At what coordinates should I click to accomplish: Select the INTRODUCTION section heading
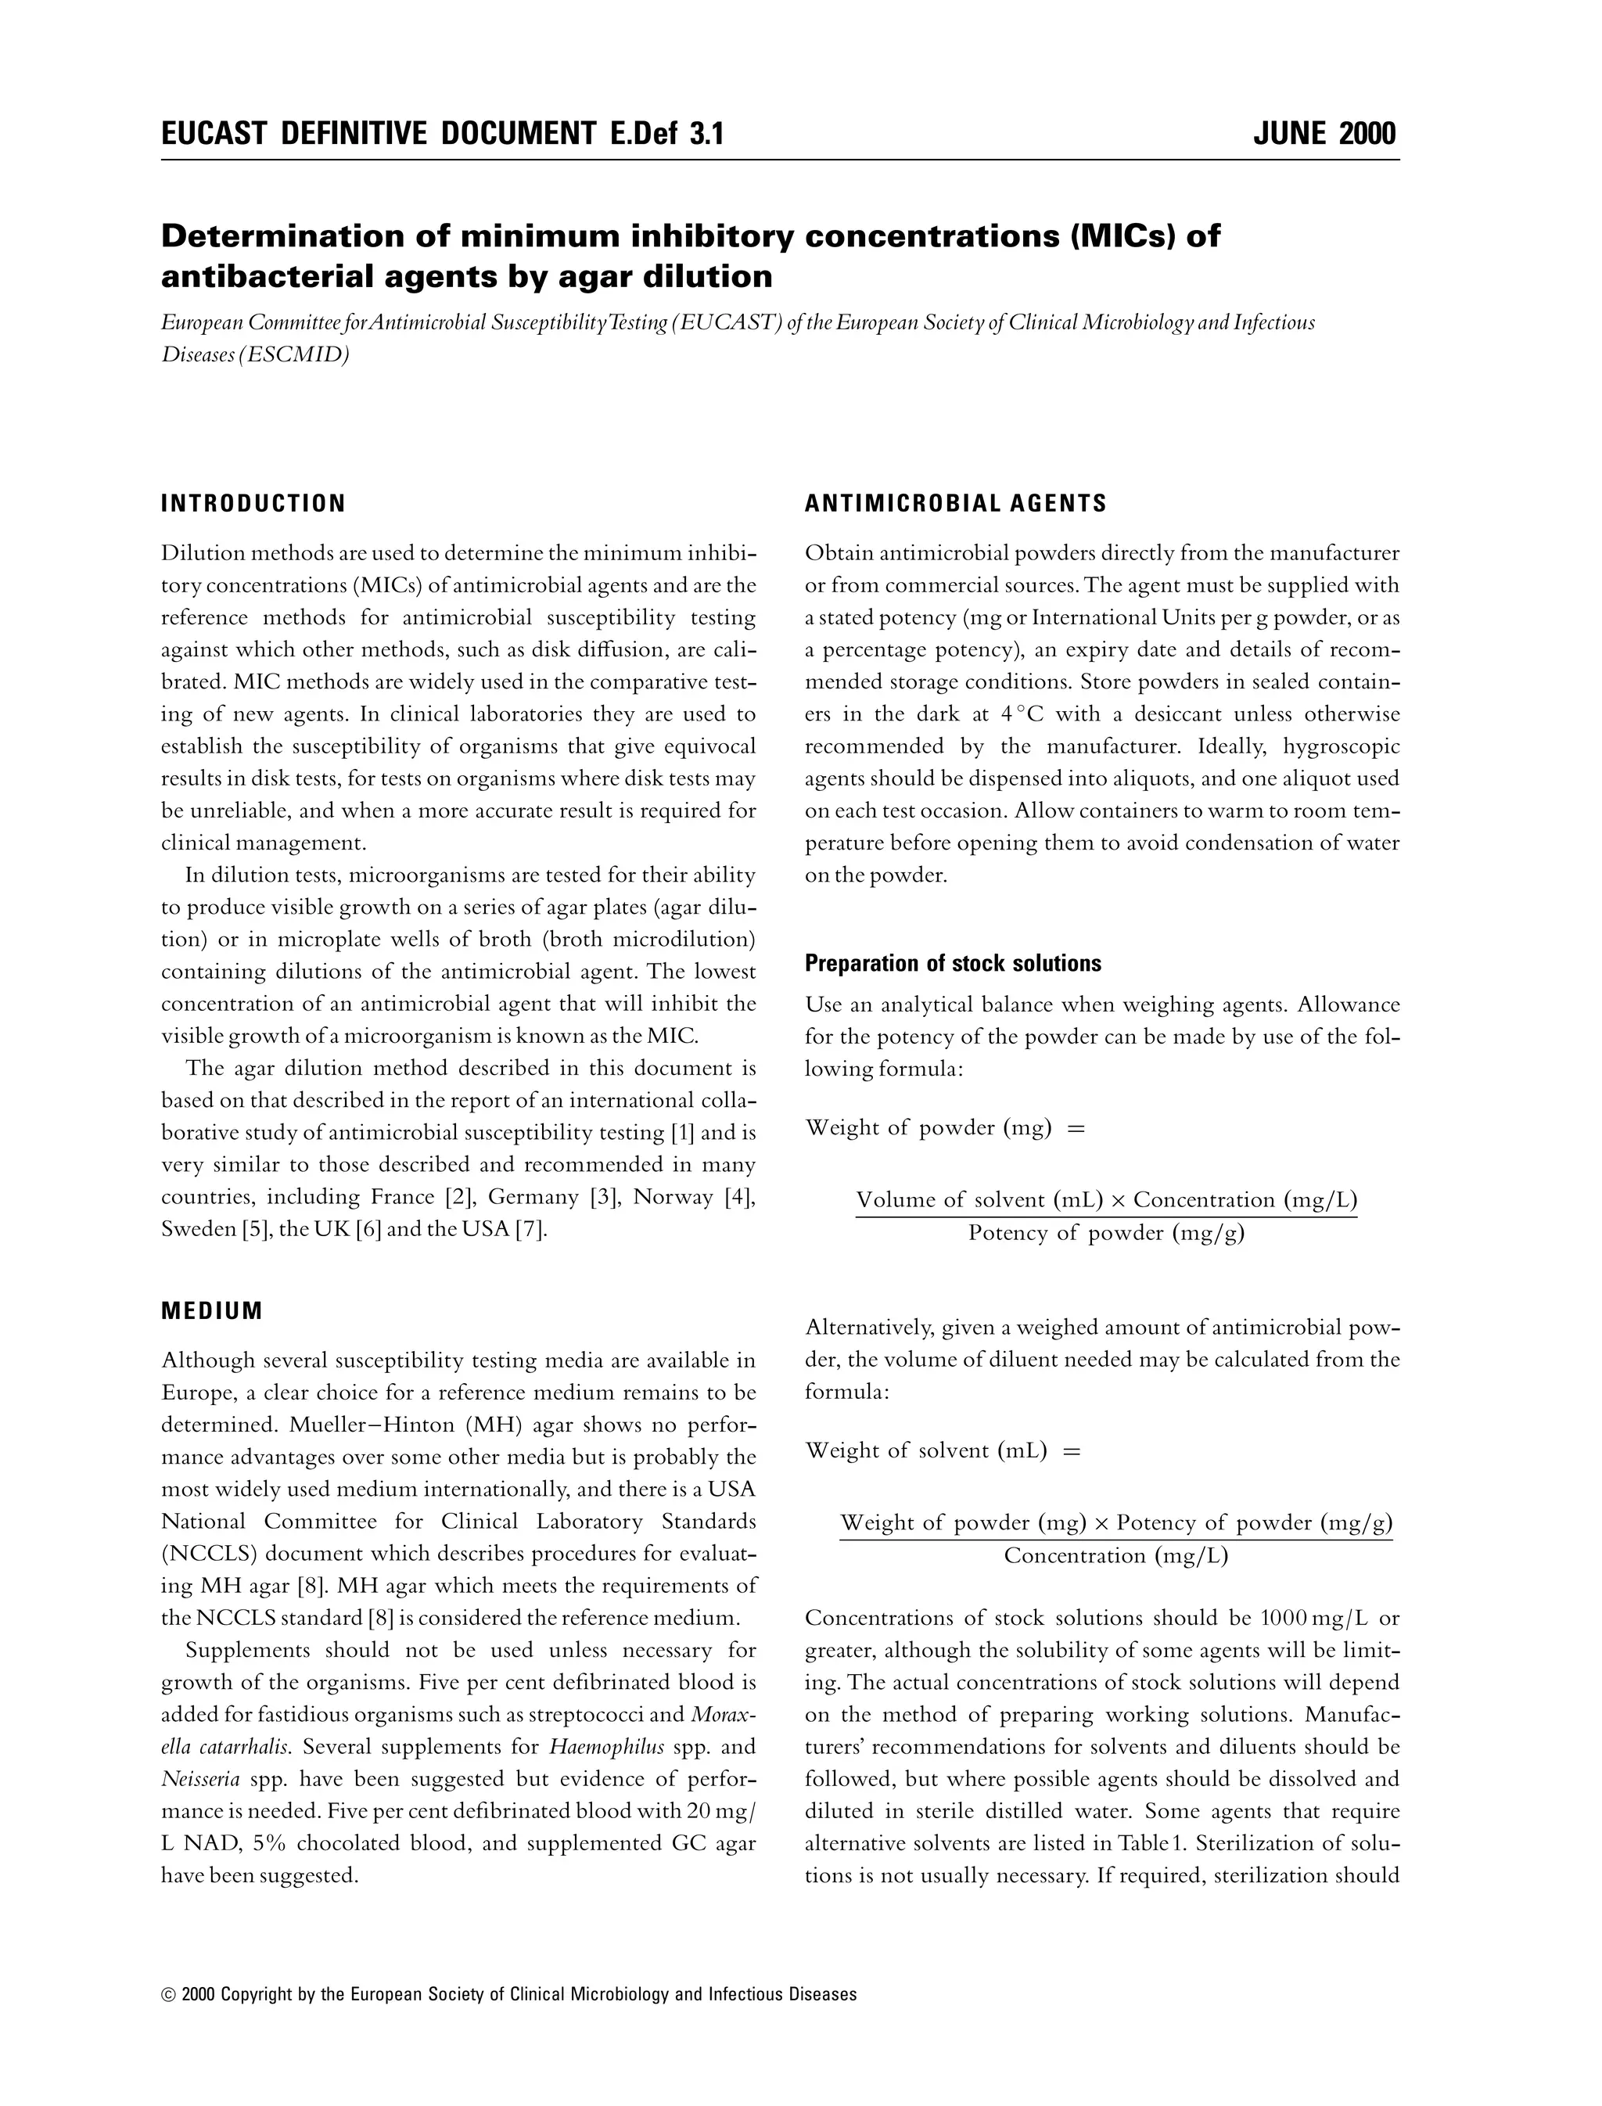click(253, 504)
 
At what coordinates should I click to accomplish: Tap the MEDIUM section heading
click(212, 1310)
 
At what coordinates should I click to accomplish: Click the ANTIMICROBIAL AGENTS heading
click(955, 504)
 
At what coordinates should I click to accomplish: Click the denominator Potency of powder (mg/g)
click(1106, 1233)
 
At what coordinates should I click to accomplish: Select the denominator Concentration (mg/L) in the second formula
click(1115, 1556)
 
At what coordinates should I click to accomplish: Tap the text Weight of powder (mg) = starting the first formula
click(945, 1128)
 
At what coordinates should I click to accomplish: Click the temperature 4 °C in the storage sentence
click(1024, 714)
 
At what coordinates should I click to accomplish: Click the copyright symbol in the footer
click(169, 1994)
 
